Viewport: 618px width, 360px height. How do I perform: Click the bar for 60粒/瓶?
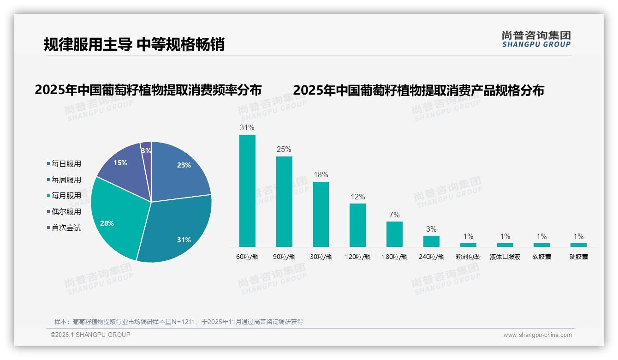pyautogui.click(x=247, y=191)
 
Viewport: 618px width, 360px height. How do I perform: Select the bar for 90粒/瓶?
pyautogui.click(x=284, y=202)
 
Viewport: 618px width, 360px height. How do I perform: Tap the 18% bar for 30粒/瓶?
pyautogui.click(x=321, y=214)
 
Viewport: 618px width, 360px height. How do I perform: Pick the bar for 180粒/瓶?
pyautogui.click(x=394, y=234)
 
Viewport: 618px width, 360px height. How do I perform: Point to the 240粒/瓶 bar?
pyautogui.click(x=431, y=241)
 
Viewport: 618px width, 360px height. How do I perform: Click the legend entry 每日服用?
pyautogui.click(x=66, y=164)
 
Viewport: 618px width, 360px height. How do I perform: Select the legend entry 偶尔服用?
pyautogui.click(x=66, y=212)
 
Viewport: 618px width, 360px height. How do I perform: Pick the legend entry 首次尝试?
pyautogui.click(x=66, y=228)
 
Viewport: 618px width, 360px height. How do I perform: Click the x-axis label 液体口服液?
pyautogui.click(x=505, y=257)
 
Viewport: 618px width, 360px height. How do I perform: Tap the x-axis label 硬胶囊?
pyautogui.click(x=579, y=257)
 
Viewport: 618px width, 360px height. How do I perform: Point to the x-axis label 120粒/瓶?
pyautogui.click(x=357, y=257)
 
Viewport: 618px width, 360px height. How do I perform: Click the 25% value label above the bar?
pyautogui.click(x=284, y=150)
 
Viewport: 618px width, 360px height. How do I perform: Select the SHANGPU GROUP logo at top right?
pyautogui.click(x=536, y=39)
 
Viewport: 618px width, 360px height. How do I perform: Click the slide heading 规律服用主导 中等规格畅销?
pyautogui.click(x=134, y=44)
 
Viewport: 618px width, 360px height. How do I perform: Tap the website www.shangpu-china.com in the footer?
pyautogui.click(x=537, y=335)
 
